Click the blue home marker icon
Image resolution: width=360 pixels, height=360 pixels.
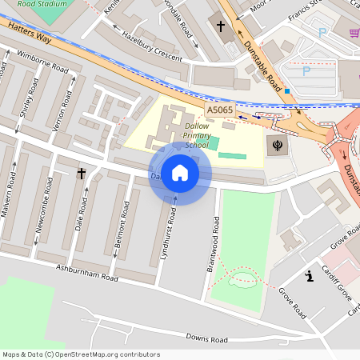(180, 173)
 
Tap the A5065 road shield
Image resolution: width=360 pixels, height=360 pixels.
(220, 110)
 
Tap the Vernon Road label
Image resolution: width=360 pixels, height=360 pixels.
(56, 107)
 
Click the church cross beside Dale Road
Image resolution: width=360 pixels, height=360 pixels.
(81, 173)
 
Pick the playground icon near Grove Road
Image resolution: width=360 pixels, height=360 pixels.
(309, 277)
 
